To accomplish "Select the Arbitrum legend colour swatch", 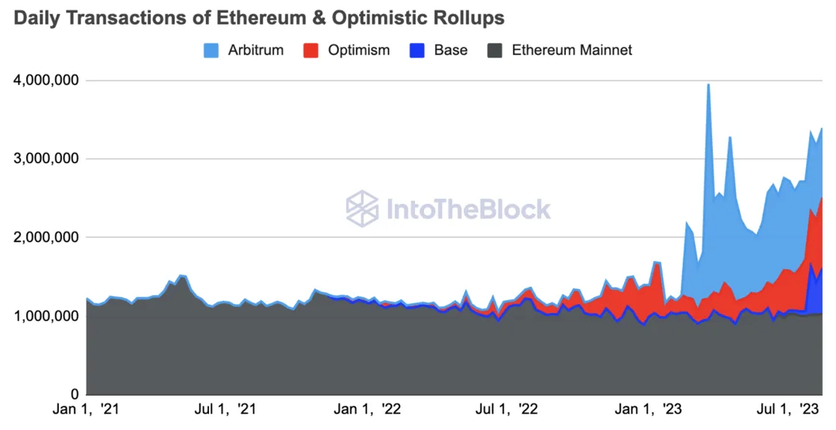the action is pos(211,51).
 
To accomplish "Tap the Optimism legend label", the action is pos(359,51).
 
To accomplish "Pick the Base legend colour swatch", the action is pos(417,51).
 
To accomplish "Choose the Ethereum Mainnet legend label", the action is pos(572,50).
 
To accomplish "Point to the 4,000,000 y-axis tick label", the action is pos(47,80).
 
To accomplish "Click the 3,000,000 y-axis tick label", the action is pos(47,159).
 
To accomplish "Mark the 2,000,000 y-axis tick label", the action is pos(47,237).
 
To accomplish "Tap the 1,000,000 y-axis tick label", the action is pos(47,315).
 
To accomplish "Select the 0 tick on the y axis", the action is pos(75,393).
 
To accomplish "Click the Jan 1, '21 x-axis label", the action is pos(87,409).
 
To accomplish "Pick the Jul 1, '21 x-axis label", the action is pos(225,409).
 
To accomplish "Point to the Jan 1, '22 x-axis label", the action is pos(367,409).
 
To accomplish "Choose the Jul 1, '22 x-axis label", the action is pos(507,409).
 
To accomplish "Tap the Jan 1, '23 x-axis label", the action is pos(648,409).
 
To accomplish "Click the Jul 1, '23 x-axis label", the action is pos(787,409).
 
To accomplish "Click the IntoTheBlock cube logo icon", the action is pos(363,209).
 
